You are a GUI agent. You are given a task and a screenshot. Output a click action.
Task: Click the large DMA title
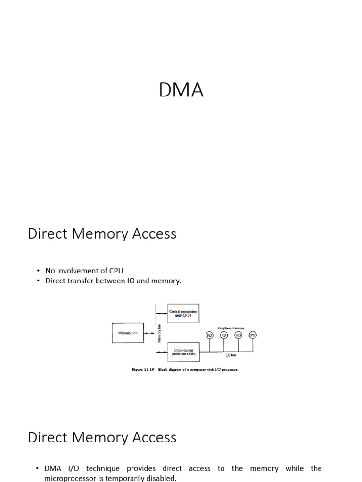181,90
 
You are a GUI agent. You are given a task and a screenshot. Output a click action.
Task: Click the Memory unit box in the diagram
128,333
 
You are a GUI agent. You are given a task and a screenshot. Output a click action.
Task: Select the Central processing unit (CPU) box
183,313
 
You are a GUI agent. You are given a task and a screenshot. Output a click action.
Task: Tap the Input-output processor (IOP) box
183,352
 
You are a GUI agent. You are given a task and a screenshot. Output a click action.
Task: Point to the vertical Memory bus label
160,333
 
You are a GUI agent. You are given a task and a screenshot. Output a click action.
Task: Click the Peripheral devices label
230,328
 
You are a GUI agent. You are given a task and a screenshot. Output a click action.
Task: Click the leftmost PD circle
210,335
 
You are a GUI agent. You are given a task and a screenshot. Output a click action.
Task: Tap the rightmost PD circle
253,335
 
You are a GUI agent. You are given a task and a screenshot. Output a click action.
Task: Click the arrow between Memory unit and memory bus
149,333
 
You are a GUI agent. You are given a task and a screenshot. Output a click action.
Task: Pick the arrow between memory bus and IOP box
162,352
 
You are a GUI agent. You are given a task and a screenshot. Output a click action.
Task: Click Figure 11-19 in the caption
143,370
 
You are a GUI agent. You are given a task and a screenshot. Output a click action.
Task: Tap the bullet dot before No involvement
38,271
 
